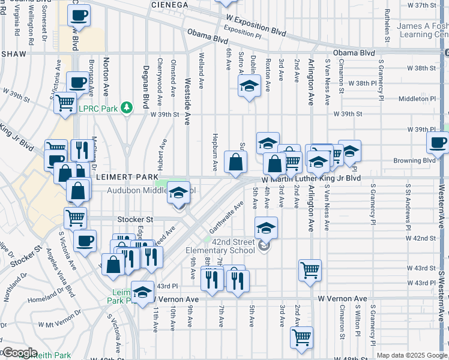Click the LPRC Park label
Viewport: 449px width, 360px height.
click(x=99, y=108)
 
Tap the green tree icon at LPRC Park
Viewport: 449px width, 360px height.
click(x=126, y=107)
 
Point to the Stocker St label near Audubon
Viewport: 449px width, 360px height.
click(x=135, y=220)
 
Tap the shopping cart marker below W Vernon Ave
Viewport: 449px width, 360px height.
click(x=301, y=337)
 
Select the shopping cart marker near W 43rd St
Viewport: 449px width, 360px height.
click(x=310, y=269)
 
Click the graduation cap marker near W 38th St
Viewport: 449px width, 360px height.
click(x=249, y=86)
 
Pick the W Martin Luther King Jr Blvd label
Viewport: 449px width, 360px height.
click(x=311, y=178)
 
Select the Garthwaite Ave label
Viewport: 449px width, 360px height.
click(x=226, y=217)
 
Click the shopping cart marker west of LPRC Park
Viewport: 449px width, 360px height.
click(x=65, y=102)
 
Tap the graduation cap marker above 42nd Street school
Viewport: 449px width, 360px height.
click(x=266, y=227)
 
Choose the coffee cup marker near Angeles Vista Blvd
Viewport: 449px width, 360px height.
click(x=85, y=241)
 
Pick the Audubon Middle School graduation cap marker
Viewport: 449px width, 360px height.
click(x=178, y=193)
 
